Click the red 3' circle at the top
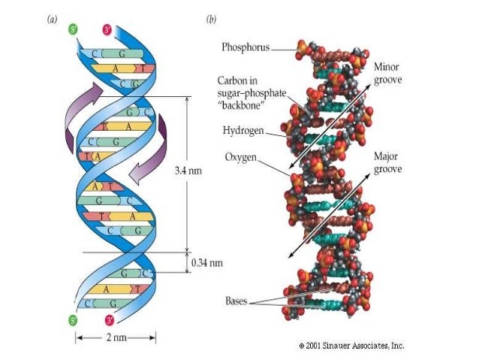pyautogui.click(x=107, y=32)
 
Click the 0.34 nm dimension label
pyautogui.click(x=207, y=262)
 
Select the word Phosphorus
pyautogui.click(x=245, y=47)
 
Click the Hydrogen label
pyautogui.click(x=243, y=130)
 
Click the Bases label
pyautogui.click(x=236, y=300)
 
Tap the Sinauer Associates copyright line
pyautogui.click(x=351, y=346)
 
